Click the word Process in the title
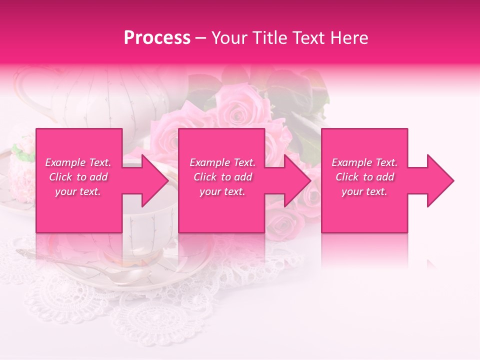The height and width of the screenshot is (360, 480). (157, 38)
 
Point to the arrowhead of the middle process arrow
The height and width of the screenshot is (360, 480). (296, 180)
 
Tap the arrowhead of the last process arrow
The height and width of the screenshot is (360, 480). (439, 180)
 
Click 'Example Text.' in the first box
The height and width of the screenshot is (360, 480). (78, 162)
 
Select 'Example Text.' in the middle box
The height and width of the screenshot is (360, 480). (222, 162)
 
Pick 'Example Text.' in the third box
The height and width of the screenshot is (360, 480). (364, 162)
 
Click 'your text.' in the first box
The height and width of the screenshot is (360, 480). (78, 191)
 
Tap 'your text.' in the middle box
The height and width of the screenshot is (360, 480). (222, 191)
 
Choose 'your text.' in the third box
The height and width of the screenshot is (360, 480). (364, 191)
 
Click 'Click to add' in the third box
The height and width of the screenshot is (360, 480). (364, 177)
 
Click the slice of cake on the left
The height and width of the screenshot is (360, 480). (20, 165)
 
